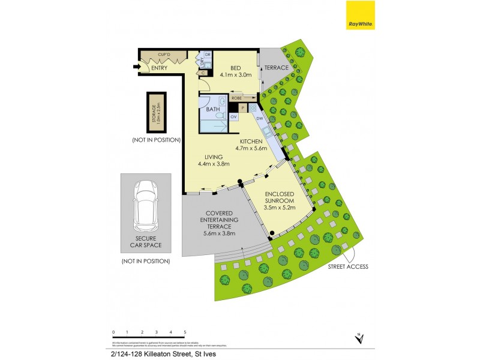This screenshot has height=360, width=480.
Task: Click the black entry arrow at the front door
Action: (135, 67)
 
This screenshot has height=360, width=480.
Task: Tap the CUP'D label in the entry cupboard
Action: (164, 55)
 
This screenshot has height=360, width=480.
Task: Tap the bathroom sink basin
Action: (221, 100)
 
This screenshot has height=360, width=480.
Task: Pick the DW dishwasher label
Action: (259, 118)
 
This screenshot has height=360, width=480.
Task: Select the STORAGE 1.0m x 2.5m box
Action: (156, 112)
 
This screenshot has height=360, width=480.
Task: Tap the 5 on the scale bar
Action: (185, 331)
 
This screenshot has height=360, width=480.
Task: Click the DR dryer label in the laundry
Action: (208, 55)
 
